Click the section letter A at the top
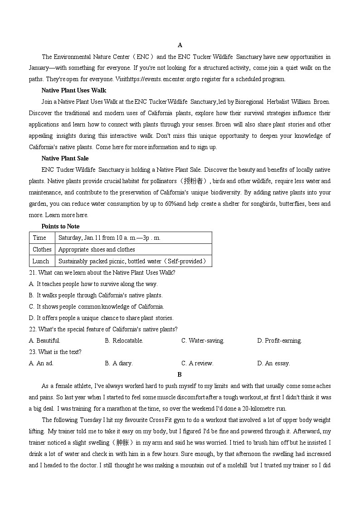tap(180, 45)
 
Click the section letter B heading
tap(180, 374)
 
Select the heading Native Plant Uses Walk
tap(73, 90)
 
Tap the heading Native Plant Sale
tap(65, 158)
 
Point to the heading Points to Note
tap(60, 226)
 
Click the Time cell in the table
tap(39, 238)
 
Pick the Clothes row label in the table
tap(42, 249)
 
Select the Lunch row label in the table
tap(41, 261)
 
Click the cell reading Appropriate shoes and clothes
tap(97, 249)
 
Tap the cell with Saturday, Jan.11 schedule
tap(109, 238)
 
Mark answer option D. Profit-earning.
tap(279, 340)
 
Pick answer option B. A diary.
tap(119, 363)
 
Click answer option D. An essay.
tap(273, 363)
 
